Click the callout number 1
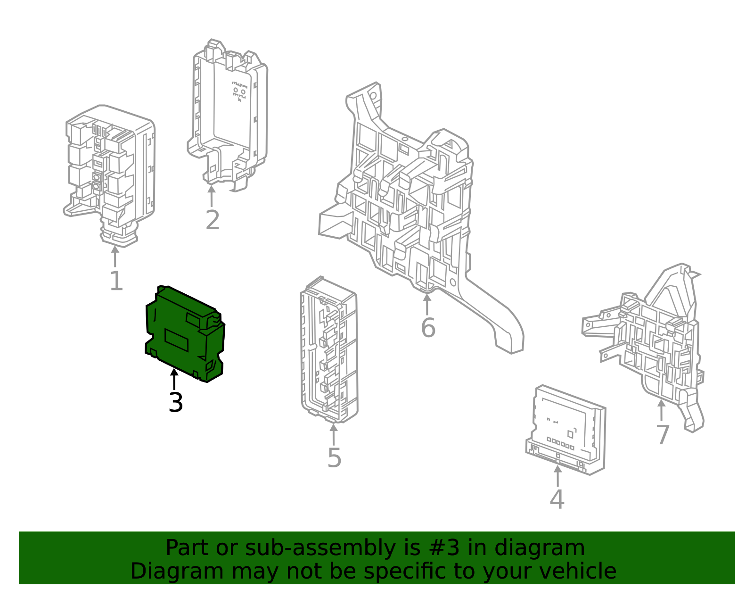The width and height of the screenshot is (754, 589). click(116, 282)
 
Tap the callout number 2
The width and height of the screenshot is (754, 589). click(213, 220)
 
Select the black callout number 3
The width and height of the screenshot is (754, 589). click(175, 403)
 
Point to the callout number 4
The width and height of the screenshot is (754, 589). click(557, 500)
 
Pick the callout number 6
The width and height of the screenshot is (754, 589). click(428, 328)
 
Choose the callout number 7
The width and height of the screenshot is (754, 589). click(663, 435)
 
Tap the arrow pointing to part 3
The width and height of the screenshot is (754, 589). click(174, 380)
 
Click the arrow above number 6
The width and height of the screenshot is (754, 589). click(427, 305)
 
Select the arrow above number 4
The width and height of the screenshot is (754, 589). click(557, 476)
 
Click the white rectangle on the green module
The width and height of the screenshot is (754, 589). click(176, 340)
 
